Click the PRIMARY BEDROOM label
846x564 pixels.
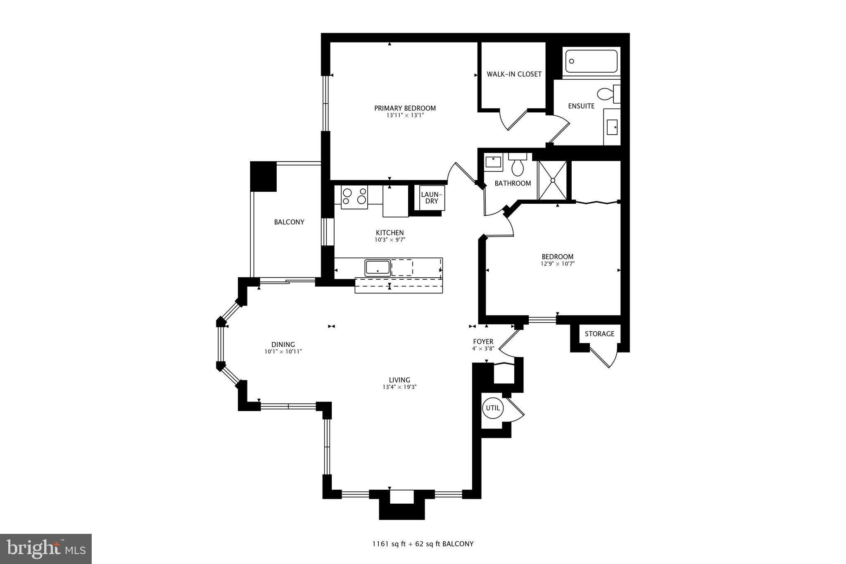[x=405, y=108]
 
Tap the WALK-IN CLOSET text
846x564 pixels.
[x=514, y=74]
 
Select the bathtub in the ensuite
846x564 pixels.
[x=591, y=61]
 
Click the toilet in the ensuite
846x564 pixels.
[x=607, y=94]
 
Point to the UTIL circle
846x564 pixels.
[x=492, y=408]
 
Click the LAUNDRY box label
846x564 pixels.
[x=432, y=198]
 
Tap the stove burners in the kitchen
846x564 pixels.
[x=354, y=196]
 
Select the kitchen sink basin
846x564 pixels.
[x=377, y=267]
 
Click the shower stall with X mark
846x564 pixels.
[x=552, y=180]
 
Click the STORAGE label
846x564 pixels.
[x=599, y=334]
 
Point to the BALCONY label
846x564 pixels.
[x=289, y=222]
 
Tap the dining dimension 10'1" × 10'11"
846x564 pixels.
[x=283, y=352]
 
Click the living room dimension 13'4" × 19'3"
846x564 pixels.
[x=399, y=387]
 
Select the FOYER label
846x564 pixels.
[x=483, y=342]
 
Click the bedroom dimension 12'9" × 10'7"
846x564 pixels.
[x=557, y=264]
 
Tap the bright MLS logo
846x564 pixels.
[x=46, y=549]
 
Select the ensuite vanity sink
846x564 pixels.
[x=612, y=127]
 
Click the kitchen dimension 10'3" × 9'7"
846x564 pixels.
[x=390, y=240]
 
